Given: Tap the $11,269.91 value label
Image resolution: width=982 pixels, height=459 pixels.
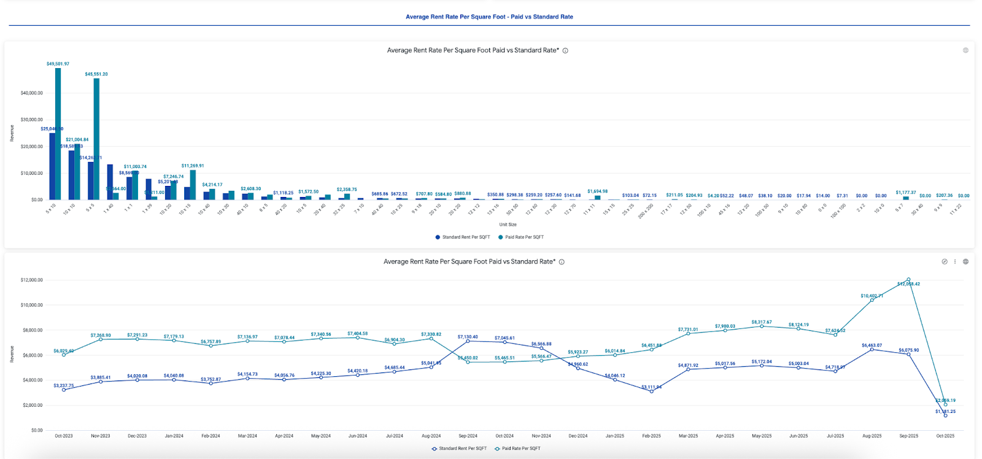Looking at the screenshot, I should click(193, 166).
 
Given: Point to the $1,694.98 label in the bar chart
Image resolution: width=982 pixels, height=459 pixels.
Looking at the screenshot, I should click(597, 191).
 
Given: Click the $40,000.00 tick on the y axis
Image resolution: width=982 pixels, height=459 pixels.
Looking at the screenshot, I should click(31, 93).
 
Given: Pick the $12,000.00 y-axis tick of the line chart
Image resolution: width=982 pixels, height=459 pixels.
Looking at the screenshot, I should click(31, 280).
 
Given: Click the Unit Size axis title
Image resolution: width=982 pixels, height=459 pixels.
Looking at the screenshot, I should click(508, 225).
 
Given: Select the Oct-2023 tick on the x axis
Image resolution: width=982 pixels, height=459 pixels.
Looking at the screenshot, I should click(64, 436).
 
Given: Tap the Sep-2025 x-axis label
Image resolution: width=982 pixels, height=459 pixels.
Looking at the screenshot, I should click(908, 436).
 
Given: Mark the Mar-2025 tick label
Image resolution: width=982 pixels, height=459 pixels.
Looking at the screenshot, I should click(688, 436).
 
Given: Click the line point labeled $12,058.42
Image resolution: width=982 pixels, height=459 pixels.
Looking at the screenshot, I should click(908, 280).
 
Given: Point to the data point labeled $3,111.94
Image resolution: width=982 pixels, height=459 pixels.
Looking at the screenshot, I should click(651, 391).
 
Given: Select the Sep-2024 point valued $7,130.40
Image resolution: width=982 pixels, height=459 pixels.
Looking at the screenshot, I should click(468, 341).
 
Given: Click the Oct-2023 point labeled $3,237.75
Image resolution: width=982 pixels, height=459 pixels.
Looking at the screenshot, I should click(64, 390).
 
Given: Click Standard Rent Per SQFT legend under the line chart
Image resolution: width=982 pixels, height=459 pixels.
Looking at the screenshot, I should click(462, 449).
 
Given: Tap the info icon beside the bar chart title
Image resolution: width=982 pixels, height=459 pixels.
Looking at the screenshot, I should click(565, 51).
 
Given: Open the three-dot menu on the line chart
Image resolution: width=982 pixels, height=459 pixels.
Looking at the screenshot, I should click(955, 261).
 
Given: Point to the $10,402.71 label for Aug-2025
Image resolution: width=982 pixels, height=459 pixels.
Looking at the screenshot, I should click(872, 296).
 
